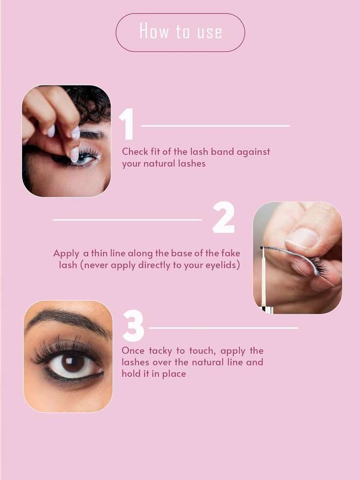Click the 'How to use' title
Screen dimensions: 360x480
[x=181, y=31]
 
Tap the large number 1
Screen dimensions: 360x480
[x=127, y=123]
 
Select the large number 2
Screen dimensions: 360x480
[x=224, y=217]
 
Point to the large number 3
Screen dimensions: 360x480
[x=133, y=325]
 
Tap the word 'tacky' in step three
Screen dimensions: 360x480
[x=160, y=351]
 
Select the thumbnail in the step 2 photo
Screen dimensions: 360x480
[x=302, y=238]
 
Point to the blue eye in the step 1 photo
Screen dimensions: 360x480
[x=84, y=159]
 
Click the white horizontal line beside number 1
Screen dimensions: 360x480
[x=215, y=126]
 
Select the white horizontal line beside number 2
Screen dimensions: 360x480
[x=127, y=220]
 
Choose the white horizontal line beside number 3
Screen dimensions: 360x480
[x=224, y=328]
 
